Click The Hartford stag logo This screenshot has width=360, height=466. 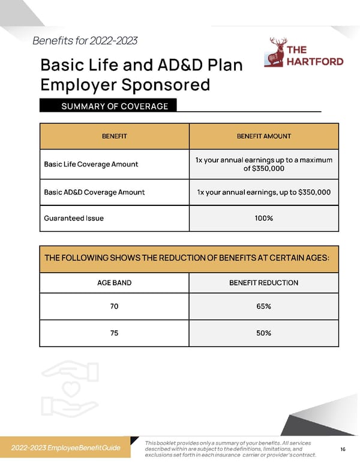coord(278,53)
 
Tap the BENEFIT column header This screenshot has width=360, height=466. coord(114,136)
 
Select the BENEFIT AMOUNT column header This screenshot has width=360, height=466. coord(264,136)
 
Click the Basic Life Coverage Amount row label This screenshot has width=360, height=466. coord(91,164)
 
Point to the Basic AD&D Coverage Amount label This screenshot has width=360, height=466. coord(94,192)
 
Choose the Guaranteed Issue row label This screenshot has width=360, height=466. coord(74,218)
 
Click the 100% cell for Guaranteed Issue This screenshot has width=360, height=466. coord(264,218)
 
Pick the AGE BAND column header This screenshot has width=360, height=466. coord(114,282)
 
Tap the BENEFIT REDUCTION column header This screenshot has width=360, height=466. coord(264,282)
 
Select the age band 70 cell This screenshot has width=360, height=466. coord(114,306)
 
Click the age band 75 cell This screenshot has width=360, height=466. coord(114,333)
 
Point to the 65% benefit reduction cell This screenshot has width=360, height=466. coord(264,306)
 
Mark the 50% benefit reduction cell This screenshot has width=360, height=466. coord(264,333)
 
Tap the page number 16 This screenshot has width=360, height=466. coord(343,449)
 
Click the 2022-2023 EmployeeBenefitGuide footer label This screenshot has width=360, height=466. coord(66,448)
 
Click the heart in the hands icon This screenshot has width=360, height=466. coord(69,390)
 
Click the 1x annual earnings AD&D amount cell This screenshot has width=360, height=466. coord(264,192)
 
